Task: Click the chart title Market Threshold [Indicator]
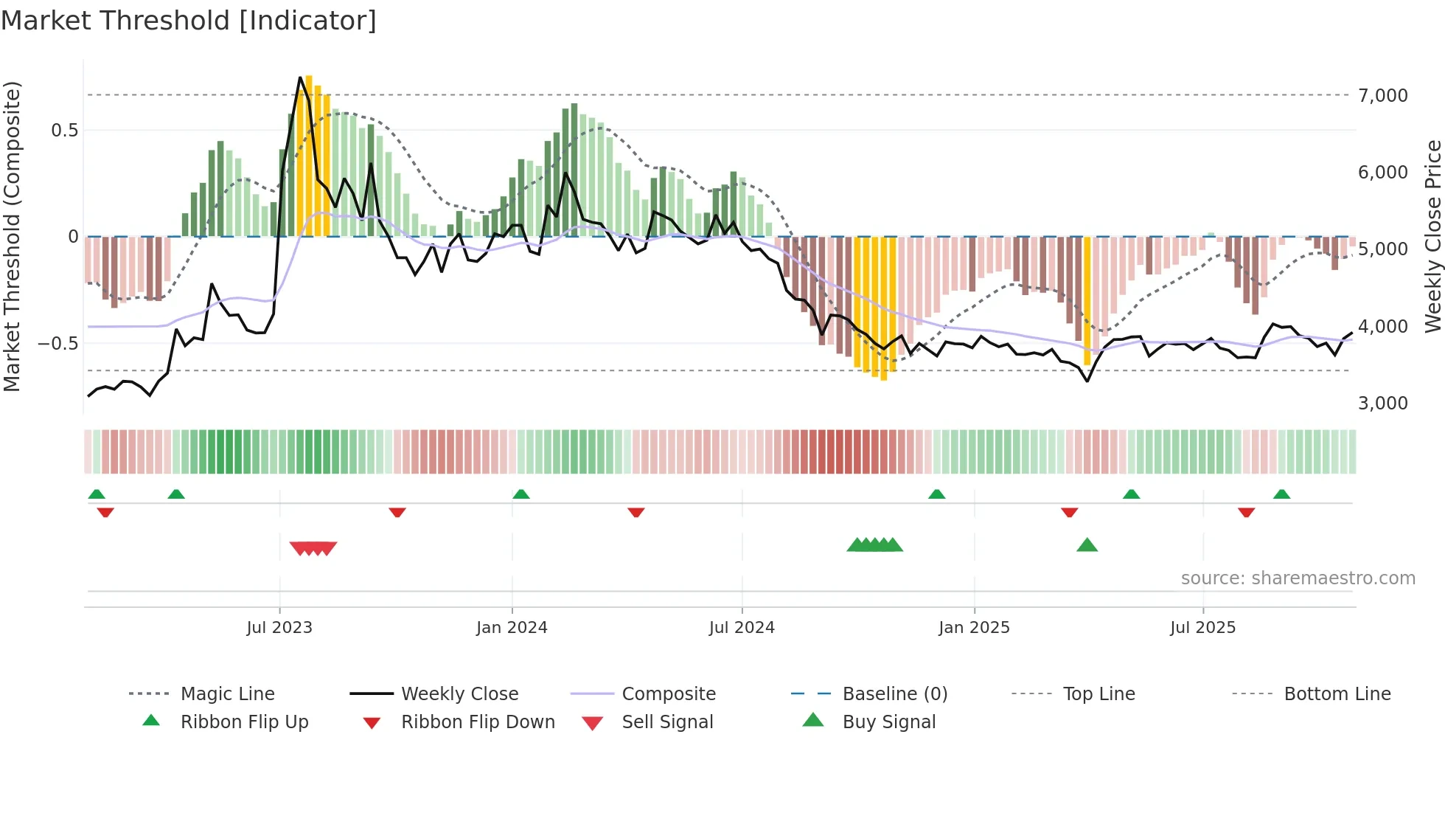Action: pyautogui.click(x=189, y=21)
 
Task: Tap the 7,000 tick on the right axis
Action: pyautogui.click(x=1382, y=96)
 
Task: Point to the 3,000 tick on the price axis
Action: pyautogui.click(x=1382, y=404)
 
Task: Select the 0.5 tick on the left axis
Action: pyautogui.click(x=64, y=131)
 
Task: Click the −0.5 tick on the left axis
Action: pyautogui.click(x=58, y=344)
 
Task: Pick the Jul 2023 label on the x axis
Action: pyautogui.click(x=279, y=628)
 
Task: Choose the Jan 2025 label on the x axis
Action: pyautogui.click(x=974, y=628)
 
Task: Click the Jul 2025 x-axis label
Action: pyautogui.click(x=1202, y=628)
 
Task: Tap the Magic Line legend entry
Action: pyautogui.click(x=227, y=694)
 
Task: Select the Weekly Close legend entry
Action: pyautogui.click(x=459, y=694)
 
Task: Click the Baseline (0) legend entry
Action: pyautogui.click(x=894, y=694)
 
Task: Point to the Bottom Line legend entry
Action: pyautogui.click(x=1337, y=694)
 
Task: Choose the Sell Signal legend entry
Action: pyautogui.click(x=666, y=722)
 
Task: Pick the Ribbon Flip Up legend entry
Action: pyautogui.click(x=244, y=722)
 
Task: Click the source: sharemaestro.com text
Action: pyautogui.click(x=1298, y=578)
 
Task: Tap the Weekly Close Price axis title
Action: pyautogui.click(x=1432, y=236)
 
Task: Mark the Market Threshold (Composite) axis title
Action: pyautogui.click(x=12, y=236)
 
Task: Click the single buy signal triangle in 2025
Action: pyautogui.click(x=1087, y=545)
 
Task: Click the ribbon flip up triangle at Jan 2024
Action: pyautogui.click(x=521, y=494)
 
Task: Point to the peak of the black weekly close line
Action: pyautogui.click(x=300, y=77)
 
